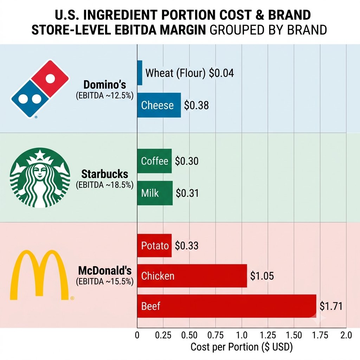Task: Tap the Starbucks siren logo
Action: click(x=40, y=178)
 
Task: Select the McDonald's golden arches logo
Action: click(x=39, y=275)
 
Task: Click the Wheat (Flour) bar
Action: click(x=140, y=73)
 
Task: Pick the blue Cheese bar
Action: click(x=159, y=105)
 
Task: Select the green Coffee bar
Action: click(x=154, y=161)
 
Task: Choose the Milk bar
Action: click(x=155, y=193)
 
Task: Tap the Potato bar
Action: click(x=154, y=245)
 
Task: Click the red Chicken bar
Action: click(x=192, y=276)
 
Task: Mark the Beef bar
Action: click(x=227, y=306)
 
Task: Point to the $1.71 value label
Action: click(x=331, y=306)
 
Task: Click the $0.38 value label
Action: click(x=196, y=105)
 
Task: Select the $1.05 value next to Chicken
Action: click(x=262, y=276)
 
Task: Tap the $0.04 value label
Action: click(x=221, y=73)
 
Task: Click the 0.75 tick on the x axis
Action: click(x=216, y=335)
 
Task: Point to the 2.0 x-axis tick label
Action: click(x=346, y=335)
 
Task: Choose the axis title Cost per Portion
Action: click(x=242, y=347)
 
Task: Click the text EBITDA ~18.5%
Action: click(x=105, y=185)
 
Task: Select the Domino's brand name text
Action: click(x=105, y=84)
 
